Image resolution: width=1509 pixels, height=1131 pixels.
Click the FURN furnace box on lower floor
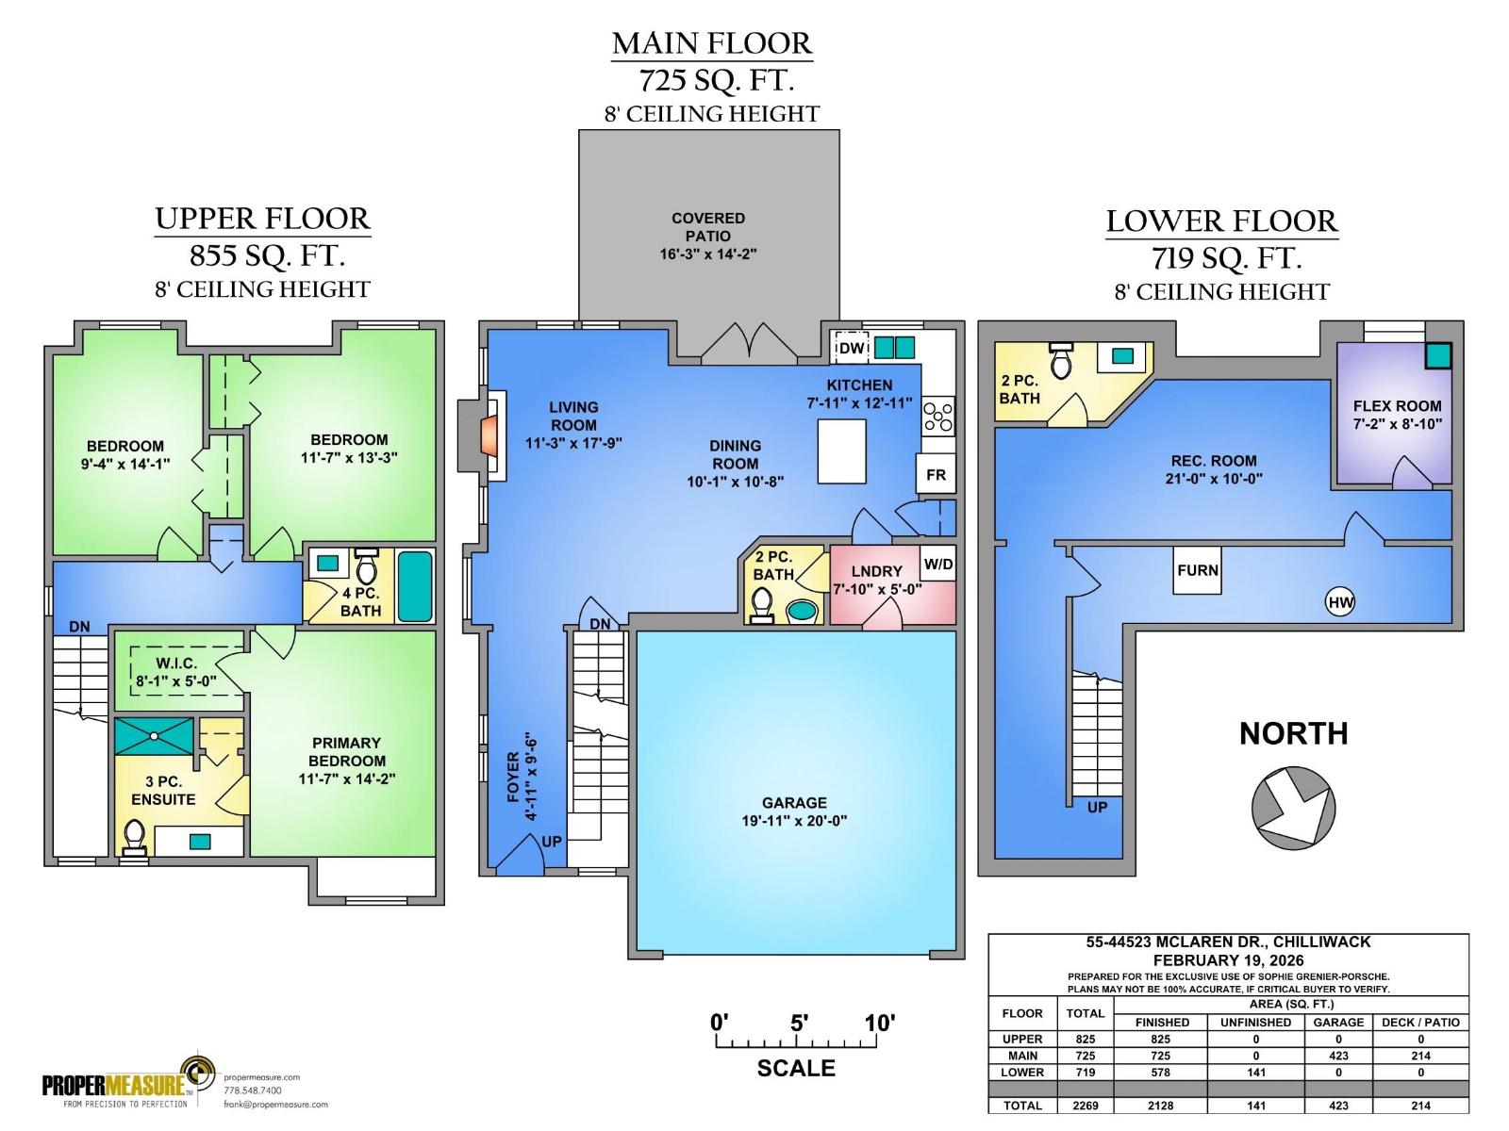click(1197, 570)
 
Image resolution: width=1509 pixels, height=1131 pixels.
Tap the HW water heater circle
click(1339, 602)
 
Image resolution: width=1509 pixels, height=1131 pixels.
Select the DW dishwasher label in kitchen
click(851, 348)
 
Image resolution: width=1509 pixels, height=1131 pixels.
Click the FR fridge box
click(936, 474)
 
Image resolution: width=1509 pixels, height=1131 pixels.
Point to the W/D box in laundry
click(937, 565)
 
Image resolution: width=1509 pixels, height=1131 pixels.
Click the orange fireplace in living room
click(489, 437)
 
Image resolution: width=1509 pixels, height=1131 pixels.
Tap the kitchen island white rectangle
click(842, 451)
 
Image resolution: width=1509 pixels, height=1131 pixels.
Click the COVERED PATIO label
click(708, 227)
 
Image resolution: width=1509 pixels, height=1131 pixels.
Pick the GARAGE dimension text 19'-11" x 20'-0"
click(794, 821)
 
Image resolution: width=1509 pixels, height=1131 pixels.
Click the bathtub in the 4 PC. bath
click(415, 586)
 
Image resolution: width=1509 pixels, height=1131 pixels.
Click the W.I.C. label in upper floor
click(176, 664)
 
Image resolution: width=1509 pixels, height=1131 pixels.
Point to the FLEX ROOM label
click(1397, 406)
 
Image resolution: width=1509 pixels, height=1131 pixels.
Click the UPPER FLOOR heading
click(262, 219)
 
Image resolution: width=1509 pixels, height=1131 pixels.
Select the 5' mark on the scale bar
click(798, 1023)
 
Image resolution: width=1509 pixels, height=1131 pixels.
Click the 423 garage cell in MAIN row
click(1338, 1056)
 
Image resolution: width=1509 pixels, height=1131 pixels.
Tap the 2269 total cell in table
click(1085, 1106)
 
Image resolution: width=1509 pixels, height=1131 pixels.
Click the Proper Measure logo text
click(113, 1085)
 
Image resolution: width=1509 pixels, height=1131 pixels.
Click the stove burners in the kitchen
click(938, 416)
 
